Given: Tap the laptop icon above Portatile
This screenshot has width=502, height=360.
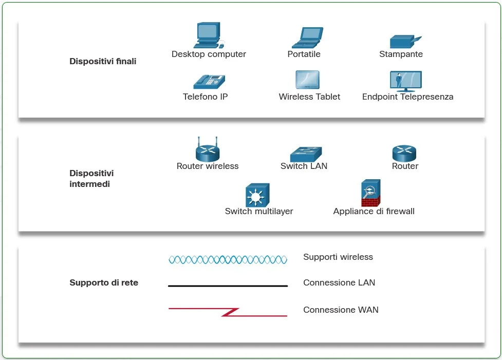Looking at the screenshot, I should pos(307,37).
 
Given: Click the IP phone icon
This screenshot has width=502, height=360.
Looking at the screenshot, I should pos(209,82).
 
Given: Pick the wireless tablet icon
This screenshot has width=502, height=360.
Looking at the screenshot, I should pos(307,81).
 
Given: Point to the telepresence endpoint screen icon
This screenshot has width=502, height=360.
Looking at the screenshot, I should pos(405,81).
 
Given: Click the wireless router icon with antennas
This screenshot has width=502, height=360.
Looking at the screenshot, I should pos(208,150).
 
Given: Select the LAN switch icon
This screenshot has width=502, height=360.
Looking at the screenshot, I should pos(305,154).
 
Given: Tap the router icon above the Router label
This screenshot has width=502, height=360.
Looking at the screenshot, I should pos(404,153).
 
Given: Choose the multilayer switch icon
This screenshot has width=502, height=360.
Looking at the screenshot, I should pos(257,195).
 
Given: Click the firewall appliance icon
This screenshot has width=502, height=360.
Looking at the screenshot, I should pos(370,193).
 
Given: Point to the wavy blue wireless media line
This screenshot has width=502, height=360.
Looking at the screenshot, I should pos(228,260).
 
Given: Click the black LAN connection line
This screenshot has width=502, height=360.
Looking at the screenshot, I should pos(228,286).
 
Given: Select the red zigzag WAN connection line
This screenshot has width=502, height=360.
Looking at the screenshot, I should pos(228,312).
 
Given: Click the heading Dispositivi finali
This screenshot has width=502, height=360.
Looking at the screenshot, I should pos(103,62).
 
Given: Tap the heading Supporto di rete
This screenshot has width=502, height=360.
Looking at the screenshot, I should pos(104,282).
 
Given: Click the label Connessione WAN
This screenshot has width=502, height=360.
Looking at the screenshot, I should pos(341,310).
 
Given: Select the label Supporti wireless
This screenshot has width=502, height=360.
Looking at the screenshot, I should pos(338,257).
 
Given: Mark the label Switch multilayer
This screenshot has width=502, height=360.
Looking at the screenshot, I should pos(259,211).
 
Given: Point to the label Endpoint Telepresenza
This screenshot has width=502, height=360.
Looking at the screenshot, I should pos(407,97).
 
